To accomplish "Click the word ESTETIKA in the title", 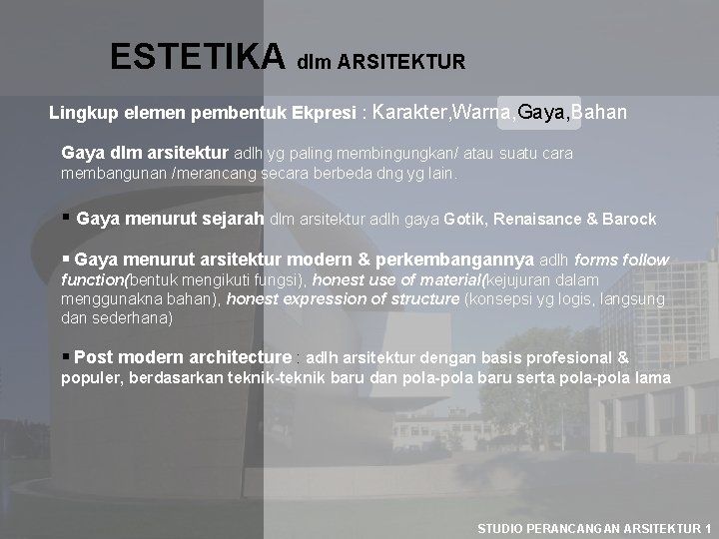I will [198, 56].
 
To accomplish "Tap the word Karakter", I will [410, 113].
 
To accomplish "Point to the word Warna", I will [484, 113].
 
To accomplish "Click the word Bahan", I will [600, 113].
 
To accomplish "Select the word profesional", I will [571, 357].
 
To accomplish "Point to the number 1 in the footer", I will [708, 527].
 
